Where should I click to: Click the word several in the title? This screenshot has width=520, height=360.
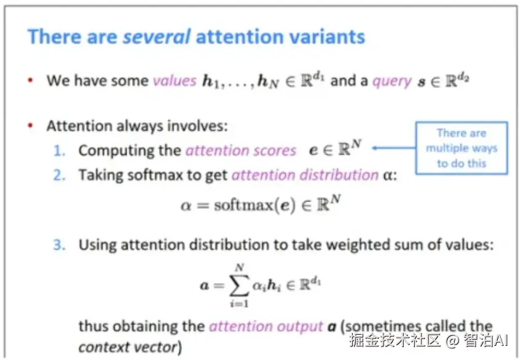[x=157, y=36]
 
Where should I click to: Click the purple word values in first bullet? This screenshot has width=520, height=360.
[x=175, y=80]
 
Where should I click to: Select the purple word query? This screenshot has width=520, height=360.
[x=392, y=81]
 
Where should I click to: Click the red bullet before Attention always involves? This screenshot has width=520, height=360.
[x=30, y=126]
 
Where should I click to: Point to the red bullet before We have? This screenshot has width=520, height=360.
[x=30, y=80]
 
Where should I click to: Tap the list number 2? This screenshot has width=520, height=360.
[x=60, y=175]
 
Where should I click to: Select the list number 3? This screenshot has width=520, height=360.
[x=60, y=245]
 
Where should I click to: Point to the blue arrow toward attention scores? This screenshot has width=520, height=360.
[x=394, y=148]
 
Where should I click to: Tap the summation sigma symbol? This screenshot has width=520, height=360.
[x=239, y=285]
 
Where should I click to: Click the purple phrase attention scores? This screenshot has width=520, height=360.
[x=241, y=151]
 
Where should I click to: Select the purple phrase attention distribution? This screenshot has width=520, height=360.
[x=305, y=175]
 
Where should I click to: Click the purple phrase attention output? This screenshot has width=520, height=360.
[x=266, y=327]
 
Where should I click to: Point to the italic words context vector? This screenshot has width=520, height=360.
[x=128, y=347]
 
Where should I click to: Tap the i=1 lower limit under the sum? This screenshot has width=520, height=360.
[x=239, y=303]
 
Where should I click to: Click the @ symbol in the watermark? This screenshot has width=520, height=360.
[x=452, y=341]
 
